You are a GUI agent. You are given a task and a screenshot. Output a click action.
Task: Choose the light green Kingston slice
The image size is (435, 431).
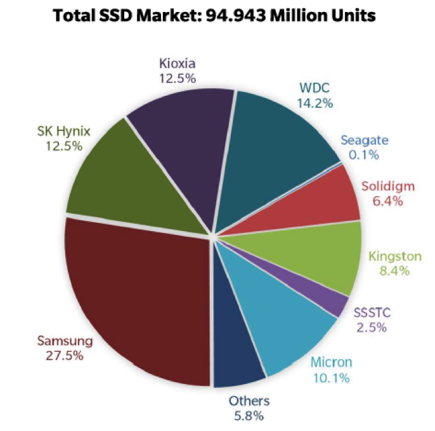(x=317, y=257)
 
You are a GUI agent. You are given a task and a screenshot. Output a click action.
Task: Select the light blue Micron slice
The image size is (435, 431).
(x=282, y=324)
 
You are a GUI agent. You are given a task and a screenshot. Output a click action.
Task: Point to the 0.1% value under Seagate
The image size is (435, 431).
(x=364, y=154)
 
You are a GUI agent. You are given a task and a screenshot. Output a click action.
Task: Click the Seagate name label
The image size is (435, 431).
(x=364, y=140)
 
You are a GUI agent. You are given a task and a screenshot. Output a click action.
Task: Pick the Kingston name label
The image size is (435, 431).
(x=395, y=256)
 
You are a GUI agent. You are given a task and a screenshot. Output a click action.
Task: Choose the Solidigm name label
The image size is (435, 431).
(x=387, y=186)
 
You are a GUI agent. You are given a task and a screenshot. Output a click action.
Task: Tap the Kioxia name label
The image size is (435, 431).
(x=178, y=63)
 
